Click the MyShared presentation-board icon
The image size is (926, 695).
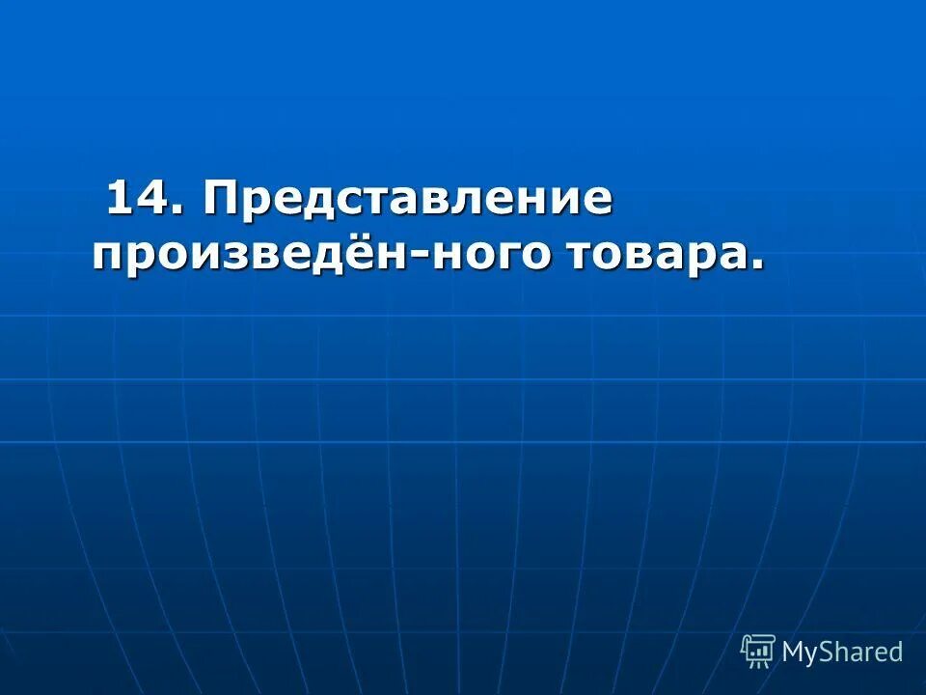coord(757,652)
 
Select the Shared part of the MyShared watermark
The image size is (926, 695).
coord(862,652)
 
